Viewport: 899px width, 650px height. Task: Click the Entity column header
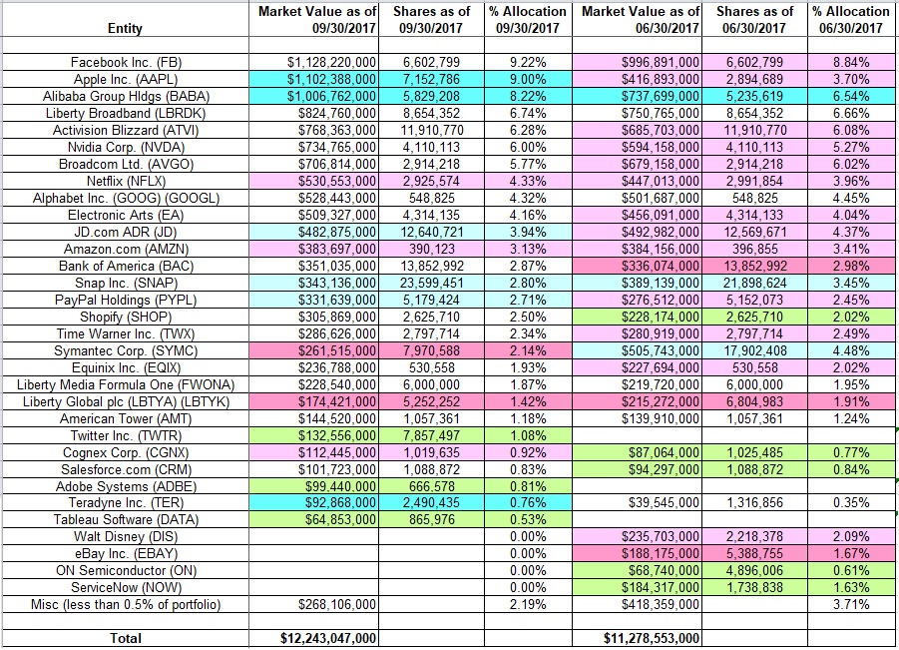pos(125,28)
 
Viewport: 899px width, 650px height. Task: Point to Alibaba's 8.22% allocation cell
pos(528,95)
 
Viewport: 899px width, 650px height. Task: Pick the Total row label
pos(125,638)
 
